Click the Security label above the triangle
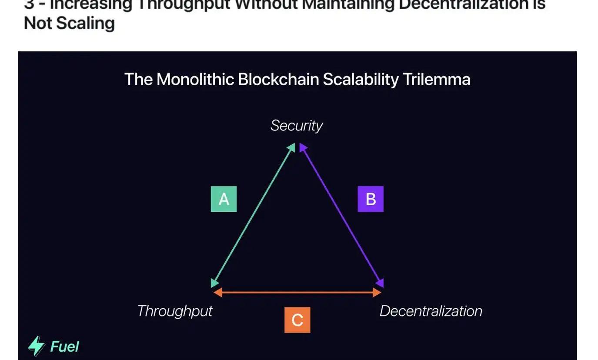click(x=297, y=126)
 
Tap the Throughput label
click(x=175, y=311)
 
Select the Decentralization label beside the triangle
click(x=431, y=311)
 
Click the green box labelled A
click(x=224, y=199)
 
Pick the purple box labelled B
click(x=371, y=199)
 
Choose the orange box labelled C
click(x=297, y=320)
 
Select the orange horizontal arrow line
click(x=297, y=293)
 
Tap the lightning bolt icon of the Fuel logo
click(x=37, y=346)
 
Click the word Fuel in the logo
click(x=65, y=347)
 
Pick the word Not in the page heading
click(x=38, y=23)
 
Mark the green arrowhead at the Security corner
click(x=292, y=148)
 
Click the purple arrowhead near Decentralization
click(x=380, y=283)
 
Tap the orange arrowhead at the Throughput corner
click(x=218, y=293)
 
